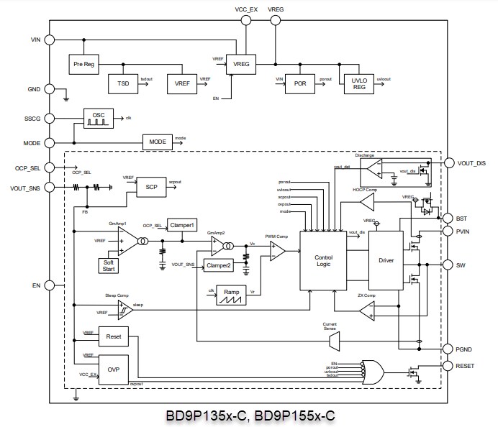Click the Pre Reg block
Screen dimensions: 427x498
[x=84, y=65]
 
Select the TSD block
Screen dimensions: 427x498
[x=122, y=83]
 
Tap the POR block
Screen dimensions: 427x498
[x=300, y=83]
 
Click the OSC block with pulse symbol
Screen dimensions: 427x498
[x=98, y=118]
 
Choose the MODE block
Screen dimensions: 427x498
[x=158, y=142]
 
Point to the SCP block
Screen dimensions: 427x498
[x=150, y=185]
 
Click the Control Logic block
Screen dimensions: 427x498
[x=323, y=260]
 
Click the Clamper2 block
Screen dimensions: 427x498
[x=218, y=266]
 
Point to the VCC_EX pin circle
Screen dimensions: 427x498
[x=246, y=21]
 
